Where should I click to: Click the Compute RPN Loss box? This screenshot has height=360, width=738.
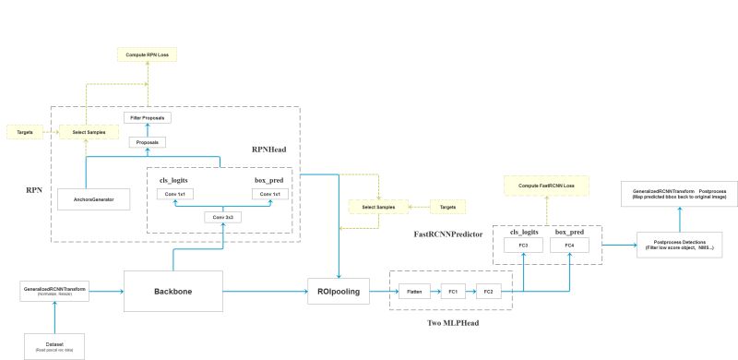coord(146,54)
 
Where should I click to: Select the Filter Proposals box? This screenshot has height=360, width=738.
coord(148,118)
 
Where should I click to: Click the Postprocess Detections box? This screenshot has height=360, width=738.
coord(679,246)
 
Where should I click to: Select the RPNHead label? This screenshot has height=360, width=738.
coord(274,149)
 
